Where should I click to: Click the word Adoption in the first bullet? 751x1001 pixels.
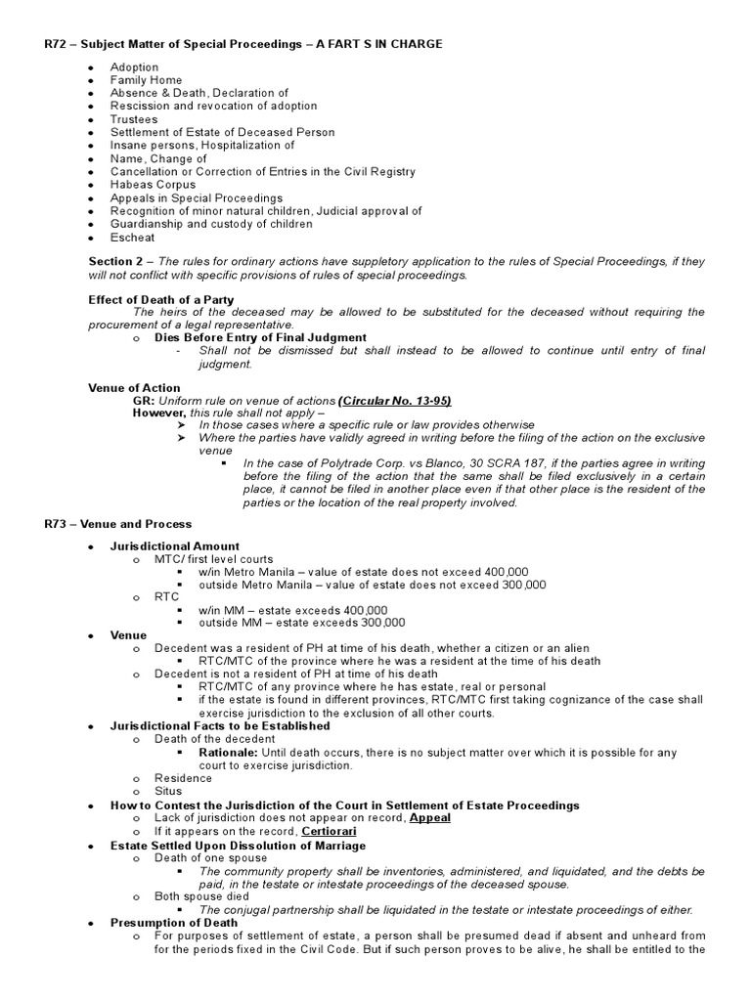click(134, 67)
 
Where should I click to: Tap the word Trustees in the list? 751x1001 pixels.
click(134, 119)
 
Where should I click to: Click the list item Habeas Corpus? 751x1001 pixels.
click(153, 184)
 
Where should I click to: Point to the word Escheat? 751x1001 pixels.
click(132, 237)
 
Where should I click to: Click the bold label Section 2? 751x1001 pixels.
click(115, 262)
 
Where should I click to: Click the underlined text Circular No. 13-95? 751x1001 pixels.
click(395, 401)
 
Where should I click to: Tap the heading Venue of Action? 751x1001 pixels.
click(134, 388)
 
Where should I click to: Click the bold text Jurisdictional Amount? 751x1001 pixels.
click(174, 546)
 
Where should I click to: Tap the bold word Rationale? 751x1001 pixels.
click(229, 753)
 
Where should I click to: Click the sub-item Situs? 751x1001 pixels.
click(168, 792)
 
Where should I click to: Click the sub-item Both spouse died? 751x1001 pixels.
click(201, 895)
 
